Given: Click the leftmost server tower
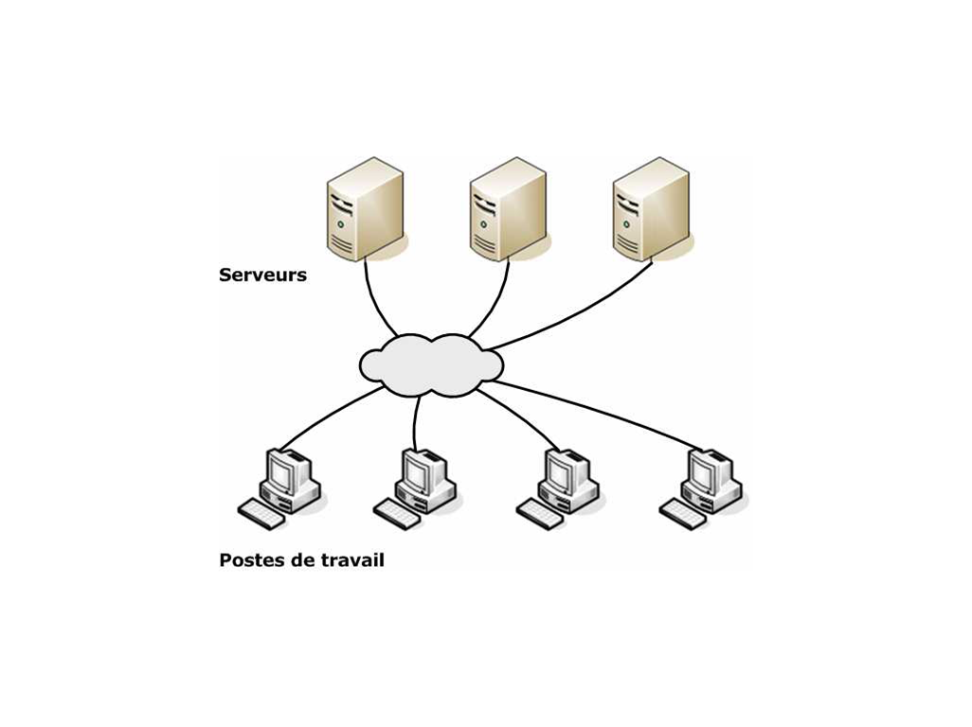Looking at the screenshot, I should point(365,208).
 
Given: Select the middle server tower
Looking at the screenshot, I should point(508,208).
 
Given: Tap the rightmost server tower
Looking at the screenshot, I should point(650,208).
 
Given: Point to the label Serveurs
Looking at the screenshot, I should point(262,275).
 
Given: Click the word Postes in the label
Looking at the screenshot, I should point(249,559).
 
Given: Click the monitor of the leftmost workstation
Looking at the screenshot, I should point(285,470).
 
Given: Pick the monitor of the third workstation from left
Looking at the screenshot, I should point(564,470).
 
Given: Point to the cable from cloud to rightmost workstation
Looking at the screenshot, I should point(597,409).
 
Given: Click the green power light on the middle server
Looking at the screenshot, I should point(483,225).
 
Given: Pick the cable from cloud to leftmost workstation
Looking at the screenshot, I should point(327,417).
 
